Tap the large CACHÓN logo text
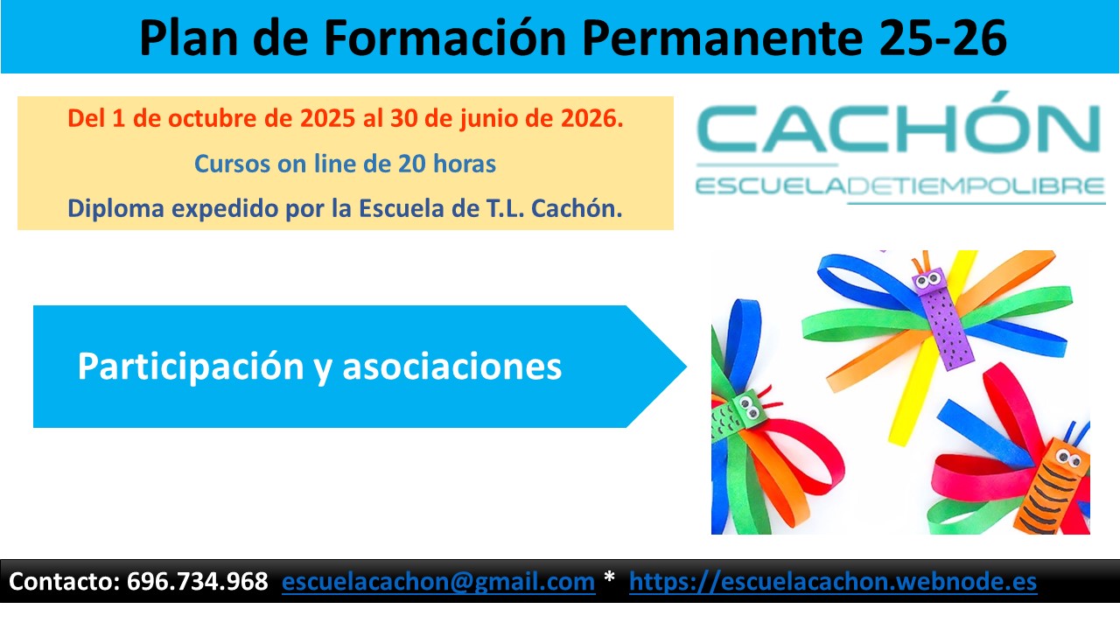click(899, 129)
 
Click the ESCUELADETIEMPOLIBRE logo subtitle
click(899, 186)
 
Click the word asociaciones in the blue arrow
click(451, 367)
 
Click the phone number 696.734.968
click(197, 582)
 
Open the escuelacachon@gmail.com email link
click(438, 582)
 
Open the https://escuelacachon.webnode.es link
click(833, 582)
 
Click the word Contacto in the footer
click(62, 582)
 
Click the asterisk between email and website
click(610, 580)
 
